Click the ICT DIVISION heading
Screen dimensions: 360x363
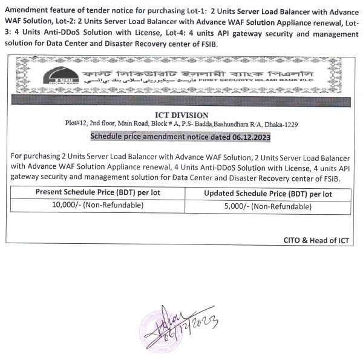(x=181, y=115)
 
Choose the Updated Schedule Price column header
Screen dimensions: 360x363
(x=268, y=194)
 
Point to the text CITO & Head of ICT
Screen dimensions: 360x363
(x=316, y=240)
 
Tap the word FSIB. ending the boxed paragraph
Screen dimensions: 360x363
(x=329, y=179)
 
